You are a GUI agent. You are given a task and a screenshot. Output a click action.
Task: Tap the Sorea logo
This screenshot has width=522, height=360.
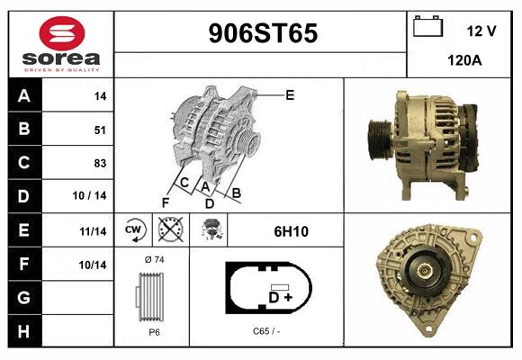62,43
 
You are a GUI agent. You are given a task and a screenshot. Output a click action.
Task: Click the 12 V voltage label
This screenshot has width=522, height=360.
481,31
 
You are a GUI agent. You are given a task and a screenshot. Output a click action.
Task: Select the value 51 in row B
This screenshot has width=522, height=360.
100,130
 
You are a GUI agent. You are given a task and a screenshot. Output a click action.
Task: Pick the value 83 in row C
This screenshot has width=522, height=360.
100,163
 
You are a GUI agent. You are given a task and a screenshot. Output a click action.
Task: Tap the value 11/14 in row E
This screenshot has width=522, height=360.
94,230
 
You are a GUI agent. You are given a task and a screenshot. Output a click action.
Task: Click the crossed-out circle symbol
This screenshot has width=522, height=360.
169,230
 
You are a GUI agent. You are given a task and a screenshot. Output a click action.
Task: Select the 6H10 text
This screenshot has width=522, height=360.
291,231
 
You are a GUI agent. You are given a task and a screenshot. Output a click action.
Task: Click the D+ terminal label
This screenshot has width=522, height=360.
280,296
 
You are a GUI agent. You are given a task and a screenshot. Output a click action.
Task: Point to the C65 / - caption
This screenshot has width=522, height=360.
266,330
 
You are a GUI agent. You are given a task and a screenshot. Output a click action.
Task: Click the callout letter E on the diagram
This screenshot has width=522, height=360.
290,94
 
